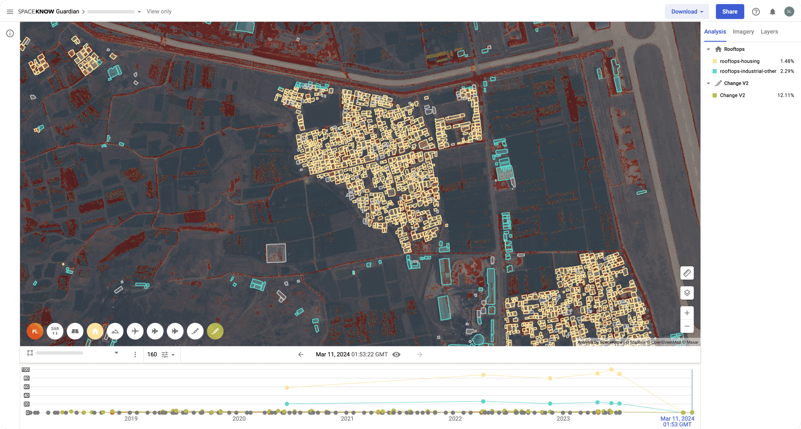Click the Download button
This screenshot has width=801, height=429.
coord(687,12)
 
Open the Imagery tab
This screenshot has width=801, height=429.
coord(743,32)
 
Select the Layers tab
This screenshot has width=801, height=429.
coord(769,32)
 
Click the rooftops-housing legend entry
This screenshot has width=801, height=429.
coord(739,61)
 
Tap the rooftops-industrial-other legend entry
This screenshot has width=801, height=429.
coord(748,71)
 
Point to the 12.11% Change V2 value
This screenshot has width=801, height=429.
coord(785,95)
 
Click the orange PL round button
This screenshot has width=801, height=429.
coord(35,331)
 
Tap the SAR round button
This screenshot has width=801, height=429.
coord(55,331)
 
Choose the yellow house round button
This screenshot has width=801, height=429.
coord(95,331)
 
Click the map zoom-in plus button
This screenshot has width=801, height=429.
coord(687,313)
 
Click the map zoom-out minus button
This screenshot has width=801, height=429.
coord(687,326)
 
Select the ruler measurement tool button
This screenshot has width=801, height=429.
coord(687,273)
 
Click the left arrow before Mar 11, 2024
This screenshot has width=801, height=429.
coord(301,354)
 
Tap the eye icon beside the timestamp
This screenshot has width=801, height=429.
coord(396,354)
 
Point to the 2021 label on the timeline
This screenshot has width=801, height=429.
coord(347,418)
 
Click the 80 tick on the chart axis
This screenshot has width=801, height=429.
coord(26,378)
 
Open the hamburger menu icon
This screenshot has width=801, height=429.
coord(10,12)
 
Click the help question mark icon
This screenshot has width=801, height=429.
coord(756,12)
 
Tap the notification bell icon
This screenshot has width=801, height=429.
coord(772,12)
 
